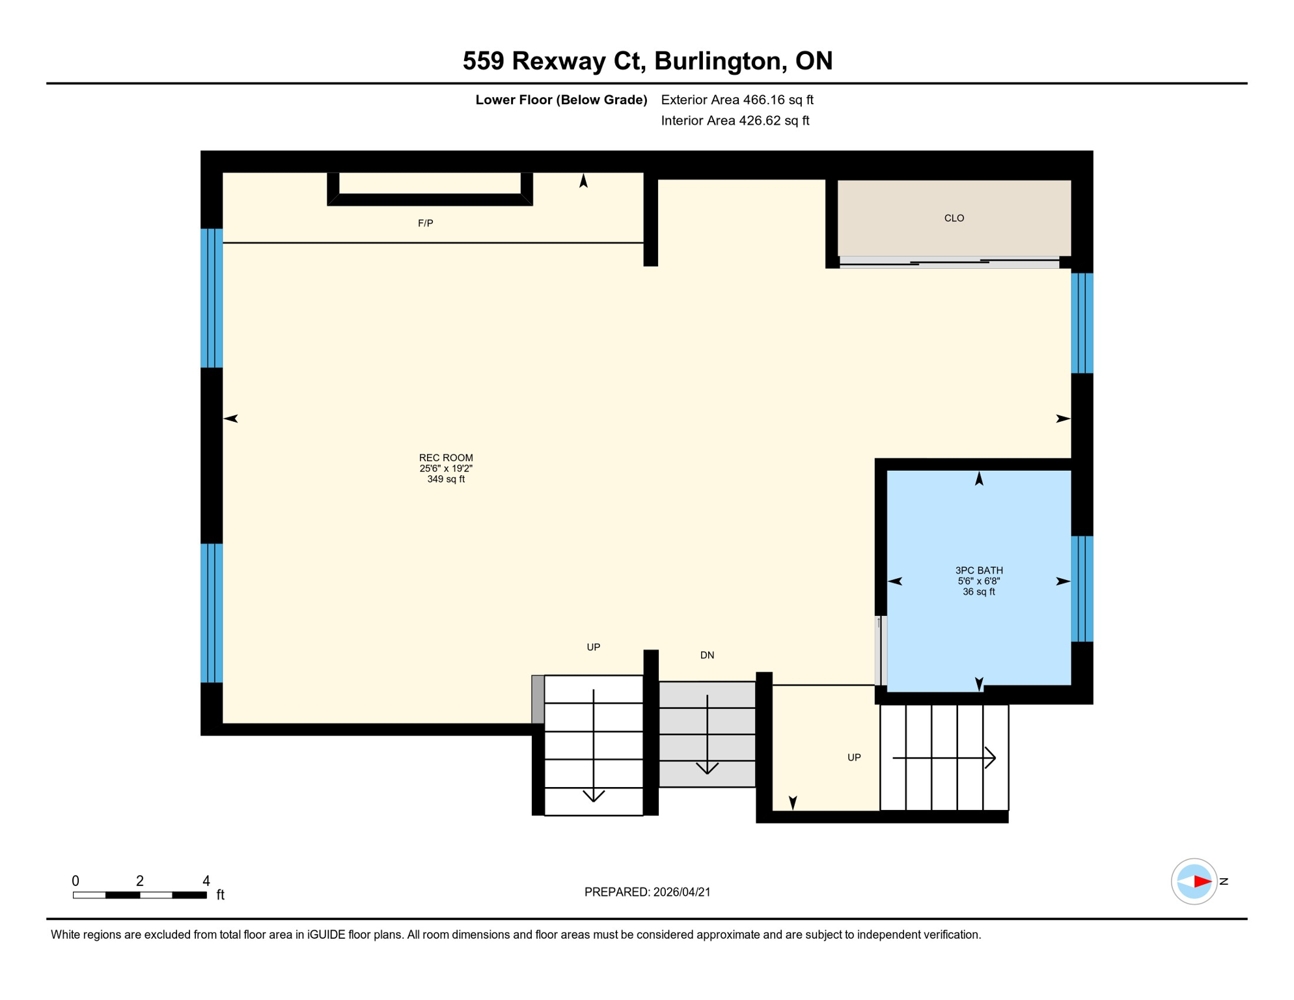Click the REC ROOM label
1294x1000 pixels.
(x=446, y=458)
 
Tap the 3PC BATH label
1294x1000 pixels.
(x=978, y=570)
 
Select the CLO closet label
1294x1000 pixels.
(x=954, y=218)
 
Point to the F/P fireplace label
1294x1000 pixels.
(x=425, y=223)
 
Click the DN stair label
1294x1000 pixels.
(x=707, y=655)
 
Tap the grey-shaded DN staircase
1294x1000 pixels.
(x=707, y=734)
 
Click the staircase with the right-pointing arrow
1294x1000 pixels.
(x=944, y=757)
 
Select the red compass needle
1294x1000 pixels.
(x=1202, y=882)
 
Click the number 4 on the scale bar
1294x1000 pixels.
(x=206, y=881)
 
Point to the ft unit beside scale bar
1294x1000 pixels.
(x=220, y=895)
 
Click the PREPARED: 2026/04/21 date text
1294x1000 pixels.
(x=647, y=892)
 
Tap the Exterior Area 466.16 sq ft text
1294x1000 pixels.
(x=737, y=100)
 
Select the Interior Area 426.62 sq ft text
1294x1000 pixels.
(x=735, y=120)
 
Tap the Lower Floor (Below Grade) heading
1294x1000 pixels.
(x=561, y=100)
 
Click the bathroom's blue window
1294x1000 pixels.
(x=1082, y=589)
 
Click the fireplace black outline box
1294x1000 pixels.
(x=430, y=199)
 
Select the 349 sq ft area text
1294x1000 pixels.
(x=446, y=479)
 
